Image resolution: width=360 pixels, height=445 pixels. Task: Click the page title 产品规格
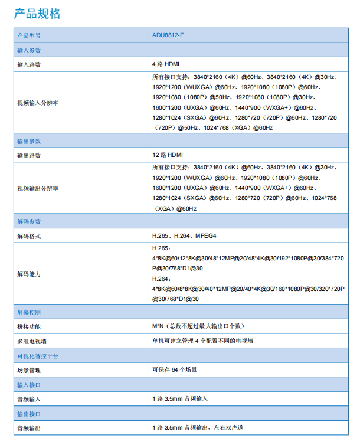click(37, 14)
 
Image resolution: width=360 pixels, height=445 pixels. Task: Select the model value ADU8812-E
click(168, 36)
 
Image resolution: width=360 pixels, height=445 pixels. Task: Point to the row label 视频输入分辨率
click(38, 103)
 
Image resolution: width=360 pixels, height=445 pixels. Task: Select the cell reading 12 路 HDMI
click(167, 155)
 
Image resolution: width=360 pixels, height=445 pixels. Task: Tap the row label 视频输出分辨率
click(38, 188)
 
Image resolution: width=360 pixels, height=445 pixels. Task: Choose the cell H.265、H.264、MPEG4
click(184, 235)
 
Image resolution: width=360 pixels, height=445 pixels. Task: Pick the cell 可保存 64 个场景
click(174, 369)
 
